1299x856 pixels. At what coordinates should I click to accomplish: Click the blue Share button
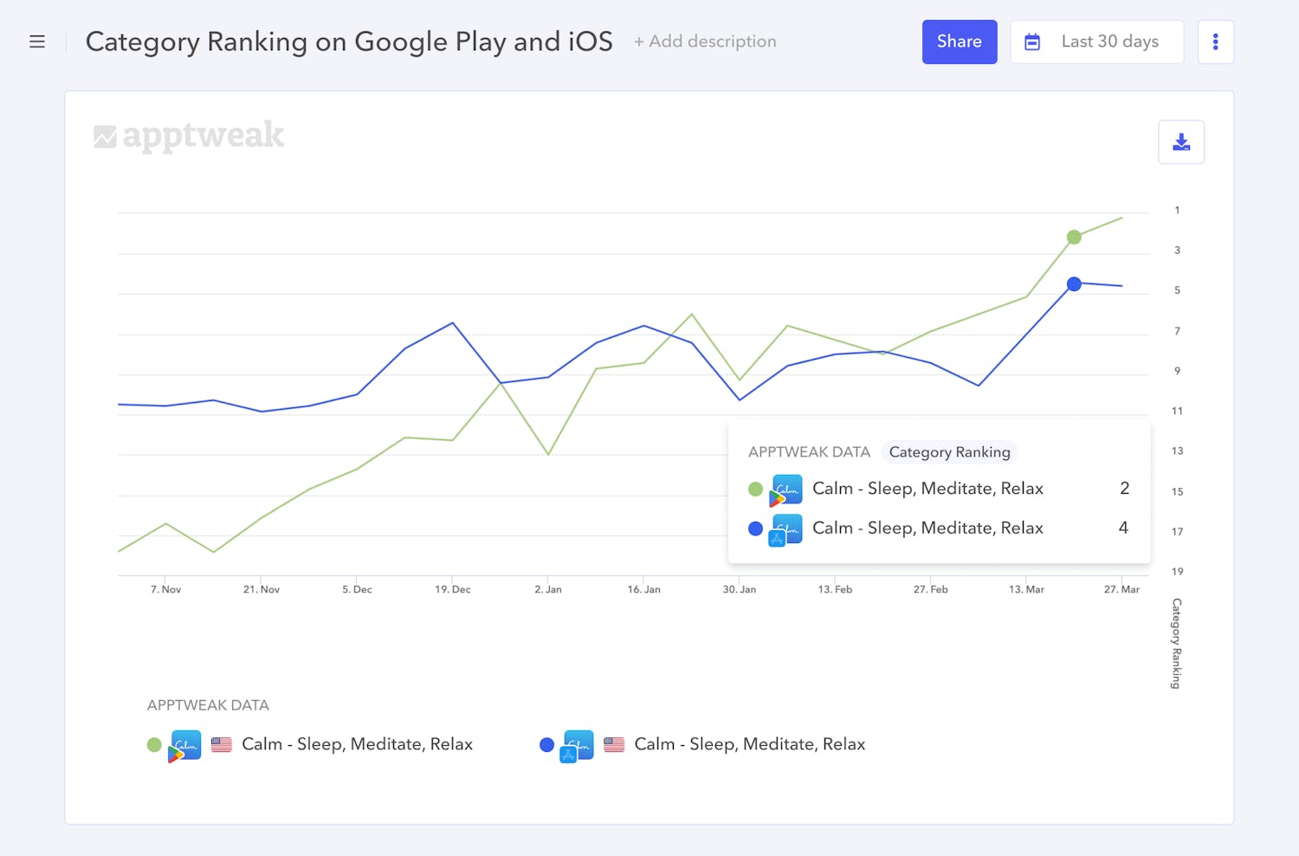click(x=959, y=42)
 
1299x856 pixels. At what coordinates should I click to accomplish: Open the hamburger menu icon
click(x=37, y=42)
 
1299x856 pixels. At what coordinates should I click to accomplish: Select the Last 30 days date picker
click(x=1096, y=42)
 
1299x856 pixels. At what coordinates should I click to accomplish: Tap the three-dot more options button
click(x=1215, y=42)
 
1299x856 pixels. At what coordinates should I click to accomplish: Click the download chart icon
click(x=1181, y=142)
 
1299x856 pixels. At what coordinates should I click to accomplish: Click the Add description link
click(x=705, y=42)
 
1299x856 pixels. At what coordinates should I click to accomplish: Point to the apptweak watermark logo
click(x=189, y=136)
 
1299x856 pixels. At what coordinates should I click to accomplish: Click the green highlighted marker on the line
click(x=1074, y=237)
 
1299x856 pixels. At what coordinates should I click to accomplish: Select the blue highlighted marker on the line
click(x=1074, y=283)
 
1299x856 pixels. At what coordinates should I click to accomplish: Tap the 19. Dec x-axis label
click(x=453, y=589)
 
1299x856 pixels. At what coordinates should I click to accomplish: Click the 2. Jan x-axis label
click(x=548, y=589)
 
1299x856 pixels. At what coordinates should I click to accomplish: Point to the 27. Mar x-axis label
click(x=1121, y=589)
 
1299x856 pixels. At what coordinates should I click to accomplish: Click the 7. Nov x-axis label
click(x=166, y=589)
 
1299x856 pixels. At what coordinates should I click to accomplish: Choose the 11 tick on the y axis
click(x=1177, y=411)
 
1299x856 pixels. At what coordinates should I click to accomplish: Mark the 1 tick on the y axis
click(x=1177, y=210)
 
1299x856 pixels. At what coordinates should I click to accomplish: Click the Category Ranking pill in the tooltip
click(x=949, y=452)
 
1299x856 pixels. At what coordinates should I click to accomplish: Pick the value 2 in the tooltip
click(x=1124, y=489)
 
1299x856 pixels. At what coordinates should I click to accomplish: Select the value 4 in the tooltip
click(x=1123, y=528)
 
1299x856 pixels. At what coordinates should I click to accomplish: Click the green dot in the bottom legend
click(x=154, y=744)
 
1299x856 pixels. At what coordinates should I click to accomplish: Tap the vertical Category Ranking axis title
click(x=1176, y=643)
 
